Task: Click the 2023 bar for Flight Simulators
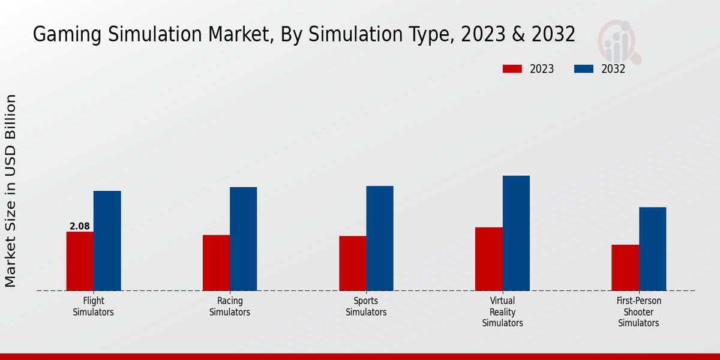80,261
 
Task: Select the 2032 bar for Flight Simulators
107,241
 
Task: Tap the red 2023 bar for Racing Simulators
216,263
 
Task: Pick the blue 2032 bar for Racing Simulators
243,239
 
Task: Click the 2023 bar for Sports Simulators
352,263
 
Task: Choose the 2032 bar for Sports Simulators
380,238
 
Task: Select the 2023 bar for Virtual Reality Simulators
488,259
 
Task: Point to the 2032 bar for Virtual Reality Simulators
516,233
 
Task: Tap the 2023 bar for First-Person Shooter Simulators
625,268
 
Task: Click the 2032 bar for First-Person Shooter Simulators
652,249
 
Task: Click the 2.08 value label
80,226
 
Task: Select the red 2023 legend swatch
512,69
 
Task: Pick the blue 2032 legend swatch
583,69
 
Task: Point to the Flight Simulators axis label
94,307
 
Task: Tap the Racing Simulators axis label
230,307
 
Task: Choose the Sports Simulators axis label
366,307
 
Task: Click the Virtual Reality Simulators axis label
503,312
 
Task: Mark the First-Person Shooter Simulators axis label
639,312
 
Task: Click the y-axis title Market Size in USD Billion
11,190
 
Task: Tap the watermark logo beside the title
619,41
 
